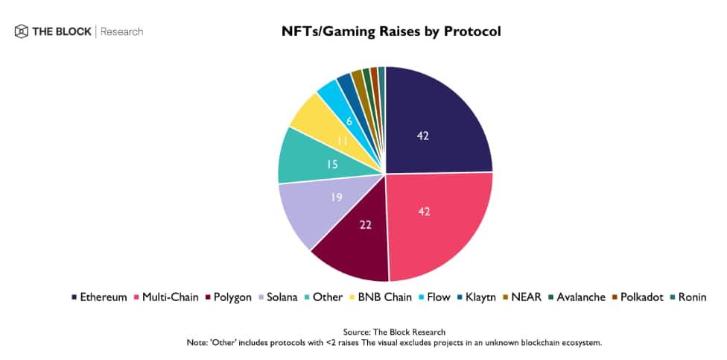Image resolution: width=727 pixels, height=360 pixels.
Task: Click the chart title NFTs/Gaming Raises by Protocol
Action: point(390,31)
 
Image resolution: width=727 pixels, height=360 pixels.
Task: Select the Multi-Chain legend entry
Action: point(168,297)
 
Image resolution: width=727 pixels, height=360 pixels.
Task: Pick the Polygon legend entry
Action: point(231,297)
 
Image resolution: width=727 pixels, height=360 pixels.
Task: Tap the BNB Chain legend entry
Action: point(383,297)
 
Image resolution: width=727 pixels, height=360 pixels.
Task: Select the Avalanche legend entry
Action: point(581,297)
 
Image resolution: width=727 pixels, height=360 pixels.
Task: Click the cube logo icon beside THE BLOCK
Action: point(21,31)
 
